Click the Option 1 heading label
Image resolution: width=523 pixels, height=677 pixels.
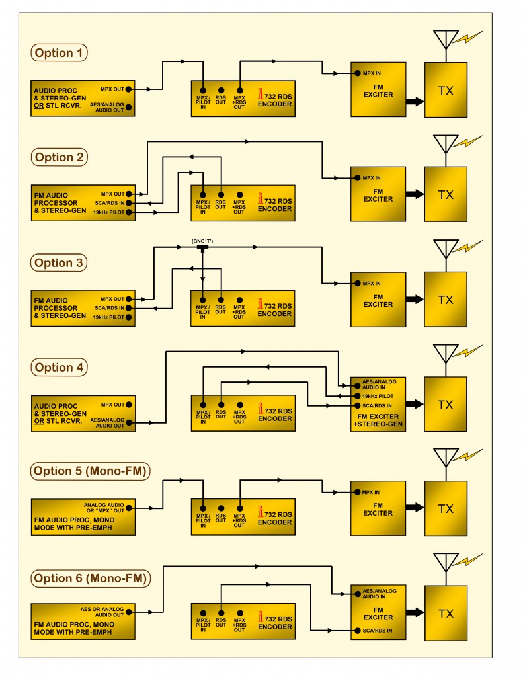tap(60, 53)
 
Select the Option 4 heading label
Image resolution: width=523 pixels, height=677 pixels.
tap(60, 368)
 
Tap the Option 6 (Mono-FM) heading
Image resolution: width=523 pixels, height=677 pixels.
tap(91, 578)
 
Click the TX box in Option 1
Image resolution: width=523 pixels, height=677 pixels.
tap(446, 91)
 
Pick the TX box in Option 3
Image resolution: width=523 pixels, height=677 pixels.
tap(446, 299)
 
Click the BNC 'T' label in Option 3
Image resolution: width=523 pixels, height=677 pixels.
tap(202, 241)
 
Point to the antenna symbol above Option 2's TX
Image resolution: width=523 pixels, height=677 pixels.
tap(446, 144)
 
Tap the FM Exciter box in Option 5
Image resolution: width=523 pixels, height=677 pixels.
tap(378, 508)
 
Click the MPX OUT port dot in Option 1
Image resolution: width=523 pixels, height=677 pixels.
tap(129, 88)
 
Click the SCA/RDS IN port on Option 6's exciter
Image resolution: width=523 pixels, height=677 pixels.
tap(357, 631)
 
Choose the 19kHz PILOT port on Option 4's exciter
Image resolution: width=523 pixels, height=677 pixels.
tap(357, 395)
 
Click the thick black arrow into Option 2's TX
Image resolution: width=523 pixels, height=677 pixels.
tap(415, 194)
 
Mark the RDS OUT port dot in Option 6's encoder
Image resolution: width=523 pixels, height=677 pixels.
tap(221, 613)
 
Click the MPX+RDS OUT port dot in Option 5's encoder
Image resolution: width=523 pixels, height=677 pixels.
tap(239, 508)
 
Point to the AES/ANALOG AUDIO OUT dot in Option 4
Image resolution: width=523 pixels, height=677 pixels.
tap(129, 422)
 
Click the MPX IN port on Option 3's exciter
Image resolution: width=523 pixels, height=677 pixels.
tap(357, 284)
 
